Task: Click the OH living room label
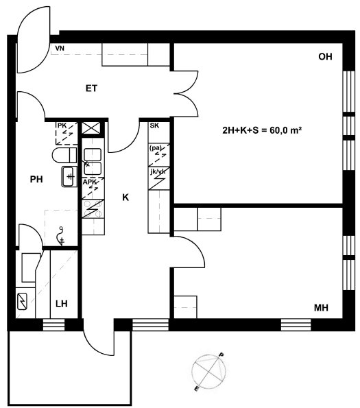click(x=325, y=57)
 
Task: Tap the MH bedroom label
click(x=321, y=308)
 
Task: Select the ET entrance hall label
click(x=91, y=88)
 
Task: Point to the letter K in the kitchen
click(x=125, y=197)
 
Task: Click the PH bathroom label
click(x=36, y=179)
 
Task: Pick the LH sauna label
click(x=62, y=304)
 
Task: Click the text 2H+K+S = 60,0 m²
click(x=262, y=130)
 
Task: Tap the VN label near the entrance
click(x=60, y=48)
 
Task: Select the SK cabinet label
click(x=154, y=125)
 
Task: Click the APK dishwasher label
click(x=89, y=182)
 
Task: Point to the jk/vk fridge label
click(x=158, y=171)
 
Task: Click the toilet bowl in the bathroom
click(x=64, y=155)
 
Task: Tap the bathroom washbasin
click(x=69, y=177)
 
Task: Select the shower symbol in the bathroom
click(x=61, y=236)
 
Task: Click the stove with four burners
click(x=93, y=208)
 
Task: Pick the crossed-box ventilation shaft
click(x=91, y=128)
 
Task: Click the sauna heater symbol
click(x=22, y=301)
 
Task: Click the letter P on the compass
click(x=221, y=355)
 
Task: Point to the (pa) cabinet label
click(x=155, y=148)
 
